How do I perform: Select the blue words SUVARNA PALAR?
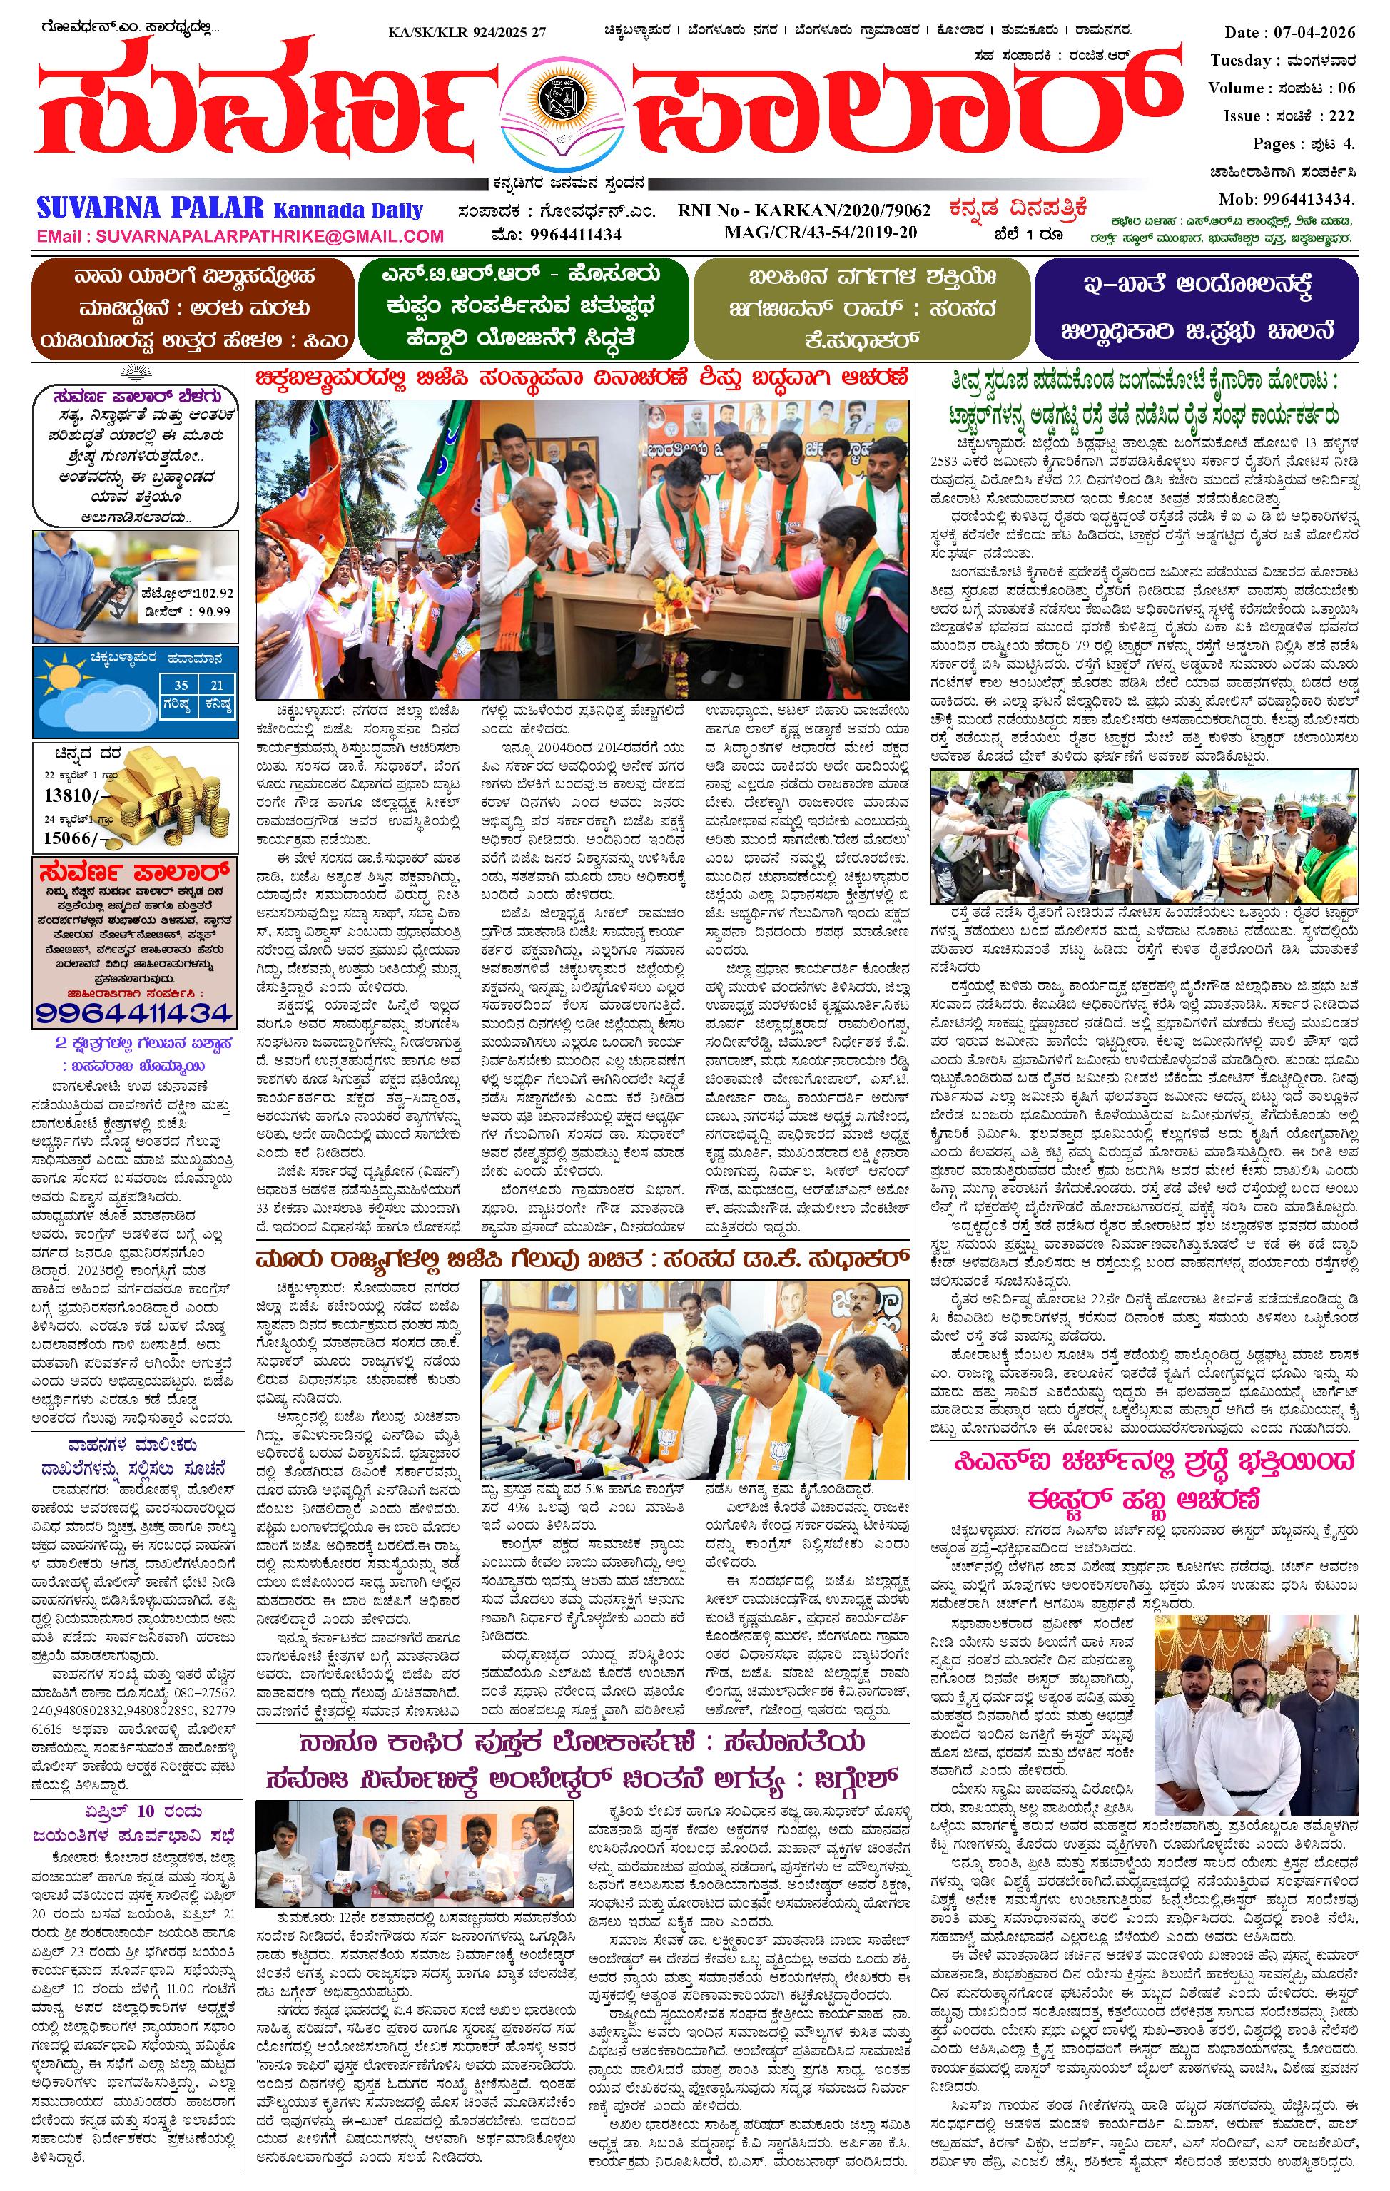[150, 208]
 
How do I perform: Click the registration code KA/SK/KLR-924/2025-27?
[467, 33]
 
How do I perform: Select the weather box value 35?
[181, 684]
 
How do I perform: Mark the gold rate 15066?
[69, 837]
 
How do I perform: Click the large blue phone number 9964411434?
[135, 1012]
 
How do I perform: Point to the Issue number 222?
[1341, 116]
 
